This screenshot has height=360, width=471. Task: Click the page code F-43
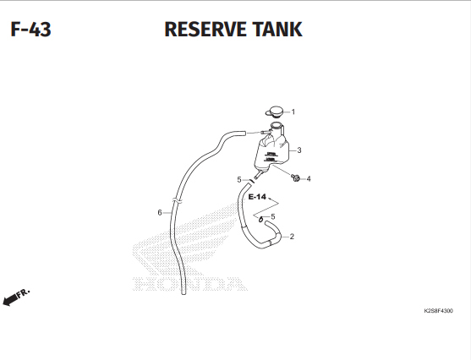click(x=30, y=30)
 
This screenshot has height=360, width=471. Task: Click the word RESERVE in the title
click(x=205, y=30)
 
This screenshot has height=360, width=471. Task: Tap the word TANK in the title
click(x=277, y=30)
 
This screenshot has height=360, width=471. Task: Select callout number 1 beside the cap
click(x=293, y=112)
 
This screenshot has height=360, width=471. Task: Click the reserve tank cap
click(x=275, y=112)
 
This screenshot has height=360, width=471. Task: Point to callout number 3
click(x=298, y=150)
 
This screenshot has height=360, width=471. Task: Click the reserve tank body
click(x=271, y=150)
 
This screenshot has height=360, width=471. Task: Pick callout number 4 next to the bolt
click(x=309, y=179)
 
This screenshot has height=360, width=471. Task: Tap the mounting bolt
click(x=296, y=177)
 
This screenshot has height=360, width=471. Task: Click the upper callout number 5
click(x=239, y=179)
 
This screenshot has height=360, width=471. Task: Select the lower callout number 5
click(x=273, y=216)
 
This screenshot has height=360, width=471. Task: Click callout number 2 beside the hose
click(x=292, y=237)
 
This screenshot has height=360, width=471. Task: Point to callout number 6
click(x=160, y=213)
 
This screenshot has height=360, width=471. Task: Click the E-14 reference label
click(x=257, y=197)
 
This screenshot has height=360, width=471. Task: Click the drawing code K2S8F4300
click(x=438, y=311)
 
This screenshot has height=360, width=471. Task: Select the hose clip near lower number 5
click(x=261, y=220)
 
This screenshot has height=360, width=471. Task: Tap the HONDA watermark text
click(x=190, y=284)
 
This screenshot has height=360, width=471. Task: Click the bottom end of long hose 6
click(x=183, y=292)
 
